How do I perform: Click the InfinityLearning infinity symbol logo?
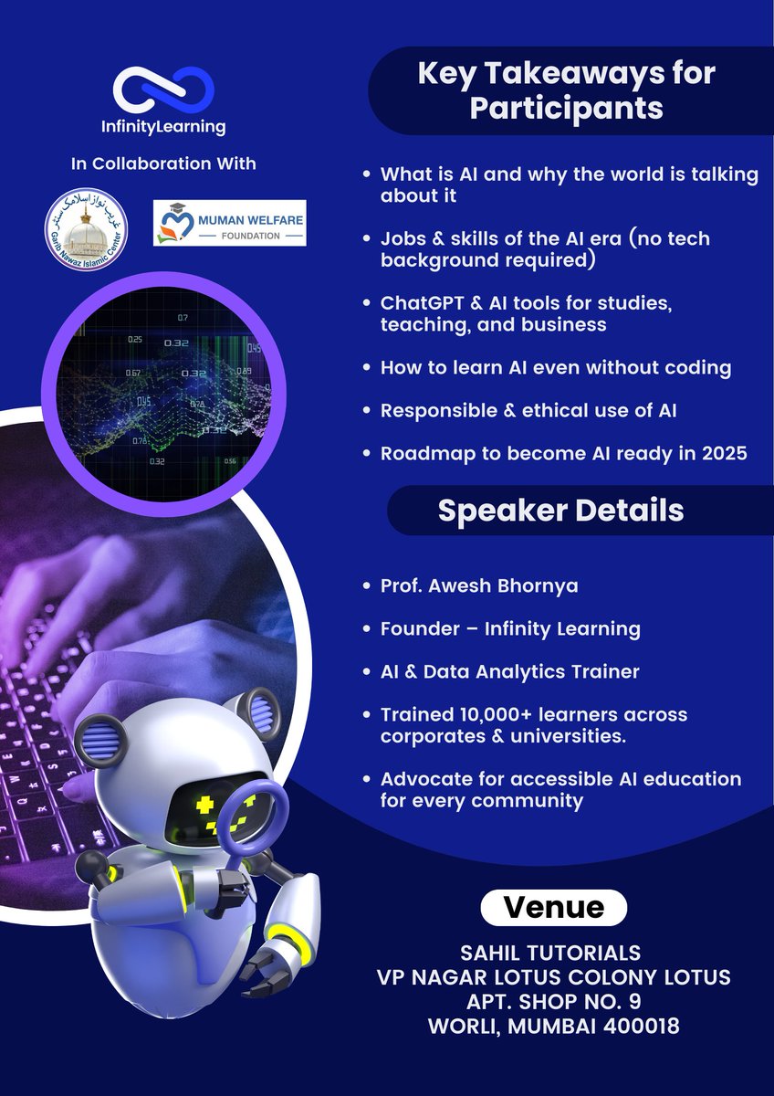(164, 89)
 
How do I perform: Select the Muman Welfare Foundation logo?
(229, 224)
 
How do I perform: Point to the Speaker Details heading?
(560, 510)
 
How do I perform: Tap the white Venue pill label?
(554, 907)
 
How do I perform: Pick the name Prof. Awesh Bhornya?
(479, 585)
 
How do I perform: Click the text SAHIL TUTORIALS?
(554, 954)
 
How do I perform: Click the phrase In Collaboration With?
(164, 164)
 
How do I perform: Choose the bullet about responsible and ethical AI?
(528, 411)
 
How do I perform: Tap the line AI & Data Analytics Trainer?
(509, 671)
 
